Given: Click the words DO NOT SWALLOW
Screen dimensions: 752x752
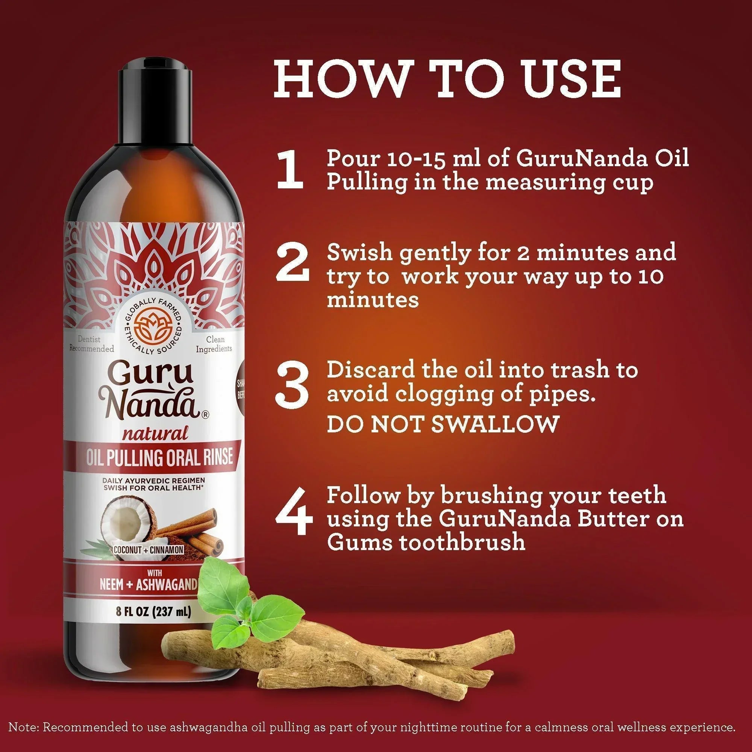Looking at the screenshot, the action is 443,423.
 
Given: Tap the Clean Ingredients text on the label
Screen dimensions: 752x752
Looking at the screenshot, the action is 214,344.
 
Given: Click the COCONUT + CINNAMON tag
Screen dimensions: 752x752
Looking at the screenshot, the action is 148,550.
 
